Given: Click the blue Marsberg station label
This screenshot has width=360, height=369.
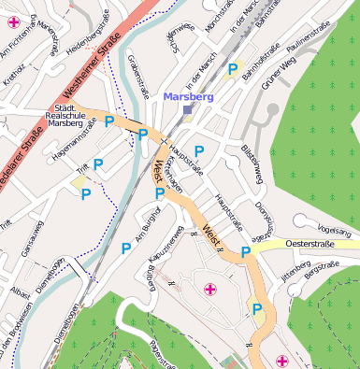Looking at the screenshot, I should pyautogui.click(x=188, y=96).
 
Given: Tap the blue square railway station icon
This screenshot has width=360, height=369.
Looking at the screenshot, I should pyautogui.click(x=187, y=109).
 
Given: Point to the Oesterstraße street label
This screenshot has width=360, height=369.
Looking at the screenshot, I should pyautogui.click(x=310, y=244).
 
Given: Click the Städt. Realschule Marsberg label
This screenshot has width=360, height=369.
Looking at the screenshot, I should pyautogui.click(x=64, y=115).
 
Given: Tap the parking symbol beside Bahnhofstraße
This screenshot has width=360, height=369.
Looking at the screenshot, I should pyautogui.click(x=231, y=68).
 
